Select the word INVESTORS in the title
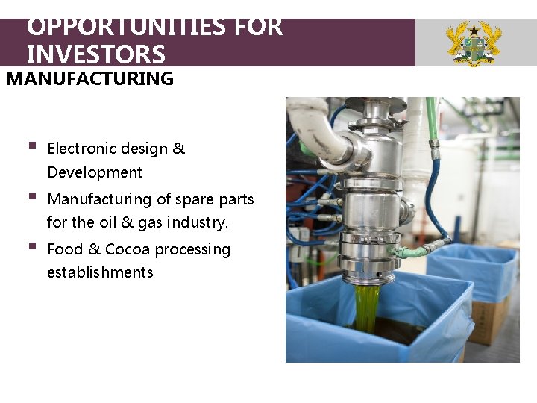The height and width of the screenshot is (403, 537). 96,54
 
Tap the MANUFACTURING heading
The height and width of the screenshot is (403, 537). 89,78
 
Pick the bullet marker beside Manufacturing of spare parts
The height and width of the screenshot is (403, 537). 31,197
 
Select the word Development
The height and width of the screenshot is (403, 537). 94,172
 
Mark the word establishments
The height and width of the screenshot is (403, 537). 100,272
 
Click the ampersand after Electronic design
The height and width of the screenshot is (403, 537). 178,149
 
